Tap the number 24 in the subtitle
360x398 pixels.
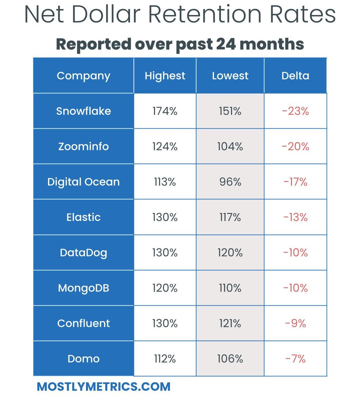[225, 44]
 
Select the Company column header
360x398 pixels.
[83, 76]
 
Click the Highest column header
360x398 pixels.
[165, 76]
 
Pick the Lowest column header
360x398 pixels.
[230, 76]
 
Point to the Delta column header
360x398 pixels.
[295, 76]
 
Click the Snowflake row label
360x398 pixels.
[83, 111]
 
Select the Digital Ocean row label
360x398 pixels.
[83, 182]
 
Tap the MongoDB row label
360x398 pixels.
[83, 288]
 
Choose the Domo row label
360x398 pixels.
[83, 359]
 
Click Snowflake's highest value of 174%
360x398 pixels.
[165, 111]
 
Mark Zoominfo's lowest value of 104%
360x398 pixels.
[230, 146]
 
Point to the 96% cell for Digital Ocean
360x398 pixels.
[230, 182]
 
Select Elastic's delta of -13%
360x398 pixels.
[295, 217]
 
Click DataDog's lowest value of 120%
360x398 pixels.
[230, 253]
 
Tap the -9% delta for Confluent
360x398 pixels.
[295, 323]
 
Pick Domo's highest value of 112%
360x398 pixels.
[165, 359]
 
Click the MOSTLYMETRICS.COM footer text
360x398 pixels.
[104, 387]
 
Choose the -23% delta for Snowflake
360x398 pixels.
[295, 111]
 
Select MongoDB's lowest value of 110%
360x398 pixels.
[230, 288]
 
